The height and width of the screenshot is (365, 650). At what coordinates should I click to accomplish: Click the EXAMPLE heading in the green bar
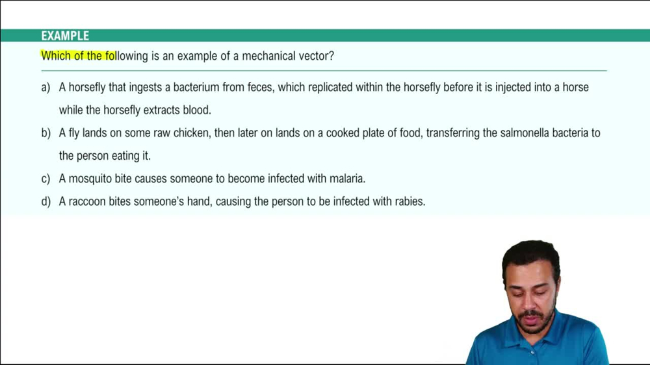tap(65, 36)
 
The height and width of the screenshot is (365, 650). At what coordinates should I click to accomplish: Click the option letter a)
tap(45, 87)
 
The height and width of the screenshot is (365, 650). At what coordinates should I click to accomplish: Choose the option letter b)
tap(45, 133)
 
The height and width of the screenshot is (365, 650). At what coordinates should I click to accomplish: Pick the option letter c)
tap(45, 179)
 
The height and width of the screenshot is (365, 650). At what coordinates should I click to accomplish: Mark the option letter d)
tap(45, 202)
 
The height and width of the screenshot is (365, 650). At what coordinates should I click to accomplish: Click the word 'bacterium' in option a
tap(196, 87)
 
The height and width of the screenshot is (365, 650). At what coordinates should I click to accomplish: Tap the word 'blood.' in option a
tap(197, 110)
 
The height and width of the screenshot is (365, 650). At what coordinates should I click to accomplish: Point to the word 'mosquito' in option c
tap(94, 179)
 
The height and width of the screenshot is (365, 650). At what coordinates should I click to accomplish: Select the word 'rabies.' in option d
tap(408, 202)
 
